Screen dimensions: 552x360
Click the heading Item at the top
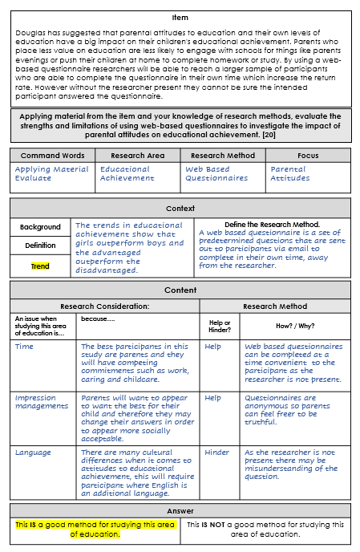[180, 17]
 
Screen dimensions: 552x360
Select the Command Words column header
[52, 155]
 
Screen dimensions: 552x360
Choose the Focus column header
[307, 155]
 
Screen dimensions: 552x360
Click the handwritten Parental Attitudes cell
[290, 173]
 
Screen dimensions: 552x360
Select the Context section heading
[180, 208]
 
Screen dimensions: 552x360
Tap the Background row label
[40, 227]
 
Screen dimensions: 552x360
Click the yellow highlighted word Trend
[40, 266]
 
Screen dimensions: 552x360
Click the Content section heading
[180, 290]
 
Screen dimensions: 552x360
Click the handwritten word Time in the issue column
[24, 347]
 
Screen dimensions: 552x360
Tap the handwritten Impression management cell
[42, 402]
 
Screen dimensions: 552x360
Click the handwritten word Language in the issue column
[33, 453]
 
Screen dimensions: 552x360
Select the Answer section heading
[180, 510]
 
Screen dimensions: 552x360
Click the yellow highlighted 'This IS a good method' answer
[95, 530]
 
